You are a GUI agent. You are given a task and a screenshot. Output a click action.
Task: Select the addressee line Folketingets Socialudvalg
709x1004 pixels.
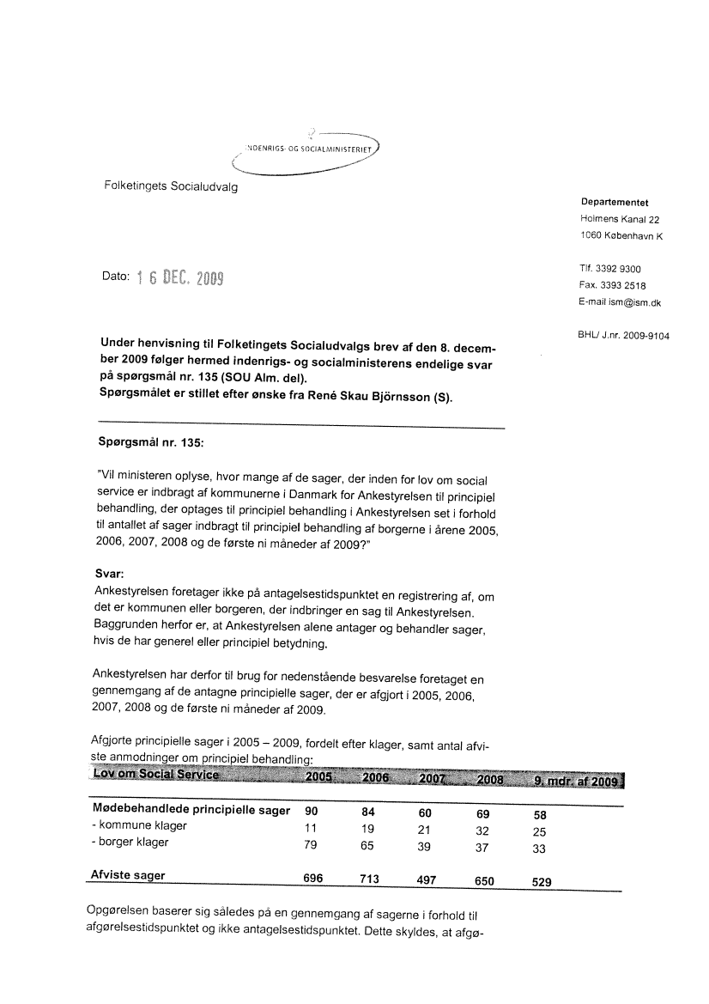(x=171, y=186)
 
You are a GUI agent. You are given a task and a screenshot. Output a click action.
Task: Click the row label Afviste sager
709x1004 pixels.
(x=128, y=876)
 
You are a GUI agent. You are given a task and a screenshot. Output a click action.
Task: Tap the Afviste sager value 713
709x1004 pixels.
(x=369, y=880)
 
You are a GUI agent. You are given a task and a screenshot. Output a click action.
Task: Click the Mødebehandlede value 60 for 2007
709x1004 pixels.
(x=424, y=814)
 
